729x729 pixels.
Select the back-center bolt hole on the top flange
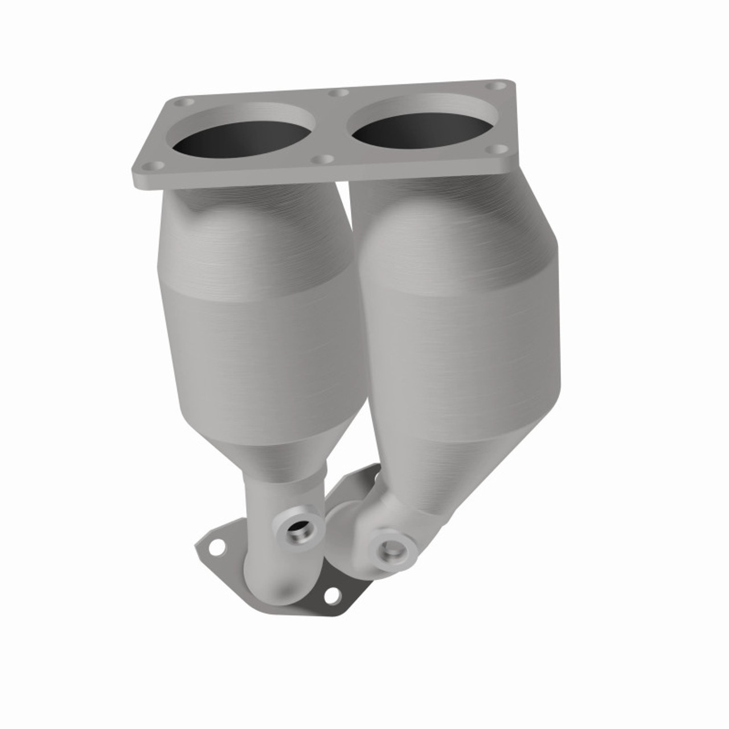(x=341, y=92)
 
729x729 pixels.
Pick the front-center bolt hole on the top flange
(x=325, y=159)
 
